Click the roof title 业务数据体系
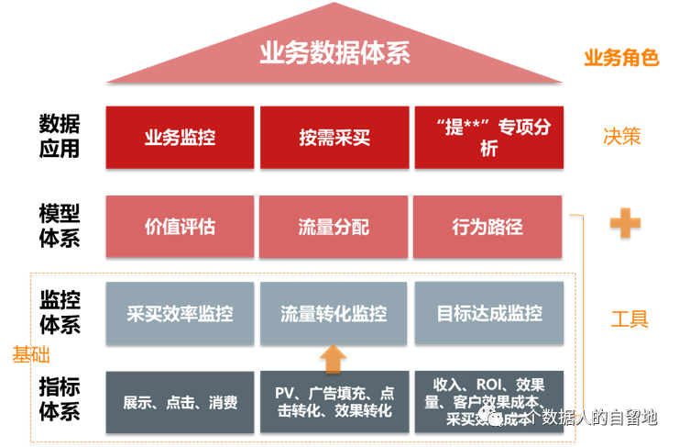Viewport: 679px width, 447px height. pos(334,53)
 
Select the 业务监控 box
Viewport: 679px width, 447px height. pos(180,138)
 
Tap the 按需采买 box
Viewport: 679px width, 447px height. pos(334,138)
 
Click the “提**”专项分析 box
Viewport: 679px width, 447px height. pos(487,138)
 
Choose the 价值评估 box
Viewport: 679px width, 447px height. pos(180,226)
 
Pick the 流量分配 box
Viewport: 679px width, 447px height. pos(334,226)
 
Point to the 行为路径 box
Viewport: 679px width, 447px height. pos(487,226)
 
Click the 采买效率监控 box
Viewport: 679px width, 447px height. pos(180,313)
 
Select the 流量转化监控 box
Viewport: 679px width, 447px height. pos(334,313)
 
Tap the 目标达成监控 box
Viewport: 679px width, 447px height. pos(487,313)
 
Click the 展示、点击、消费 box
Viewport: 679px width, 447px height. pos(180,401)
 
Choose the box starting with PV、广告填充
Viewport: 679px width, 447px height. pos(334,401)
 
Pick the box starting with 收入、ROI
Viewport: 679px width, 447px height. pos(487,401)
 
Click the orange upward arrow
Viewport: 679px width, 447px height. pos(334,358)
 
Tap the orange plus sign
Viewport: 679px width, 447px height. pos(625,222)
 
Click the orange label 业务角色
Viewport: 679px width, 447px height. pos(621,58)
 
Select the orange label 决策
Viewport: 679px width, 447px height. pos(621,136)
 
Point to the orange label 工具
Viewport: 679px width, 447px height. pos(630,318)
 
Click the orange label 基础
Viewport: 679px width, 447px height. pos(30,354)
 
